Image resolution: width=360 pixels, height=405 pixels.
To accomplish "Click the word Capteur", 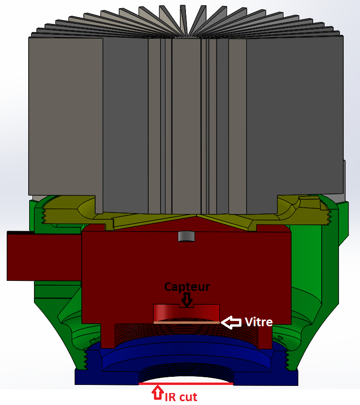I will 187,287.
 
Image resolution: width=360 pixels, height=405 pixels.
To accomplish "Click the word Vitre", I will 259,322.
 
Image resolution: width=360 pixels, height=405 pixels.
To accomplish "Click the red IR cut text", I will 181,396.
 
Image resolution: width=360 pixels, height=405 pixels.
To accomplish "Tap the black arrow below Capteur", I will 186,300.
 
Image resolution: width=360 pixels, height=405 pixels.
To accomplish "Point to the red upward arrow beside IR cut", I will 157,393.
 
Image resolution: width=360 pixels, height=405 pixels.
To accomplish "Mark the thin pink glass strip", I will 186,322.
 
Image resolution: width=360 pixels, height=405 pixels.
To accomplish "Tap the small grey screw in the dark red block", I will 186,236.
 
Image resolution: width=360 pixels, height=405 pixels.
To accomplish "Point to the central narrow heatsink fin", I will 186,124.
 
